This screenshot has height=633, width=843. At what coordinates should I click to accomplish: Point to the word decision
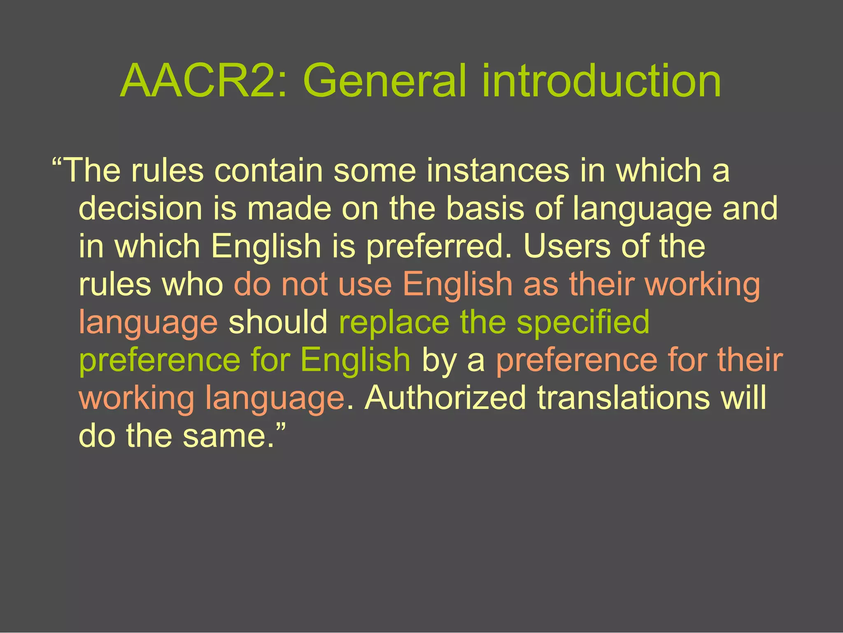click(140, 208)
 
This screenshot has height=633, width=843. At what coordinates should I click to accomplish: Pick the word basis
click(485, 208)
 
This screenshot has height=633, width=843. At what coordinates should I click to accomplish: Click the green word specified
click(583, 322)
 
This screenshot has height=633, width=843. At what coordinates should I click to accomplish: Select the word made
click(289, 208)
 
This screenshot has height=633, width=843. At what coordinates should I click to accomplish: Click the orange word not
click(305, 284)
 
